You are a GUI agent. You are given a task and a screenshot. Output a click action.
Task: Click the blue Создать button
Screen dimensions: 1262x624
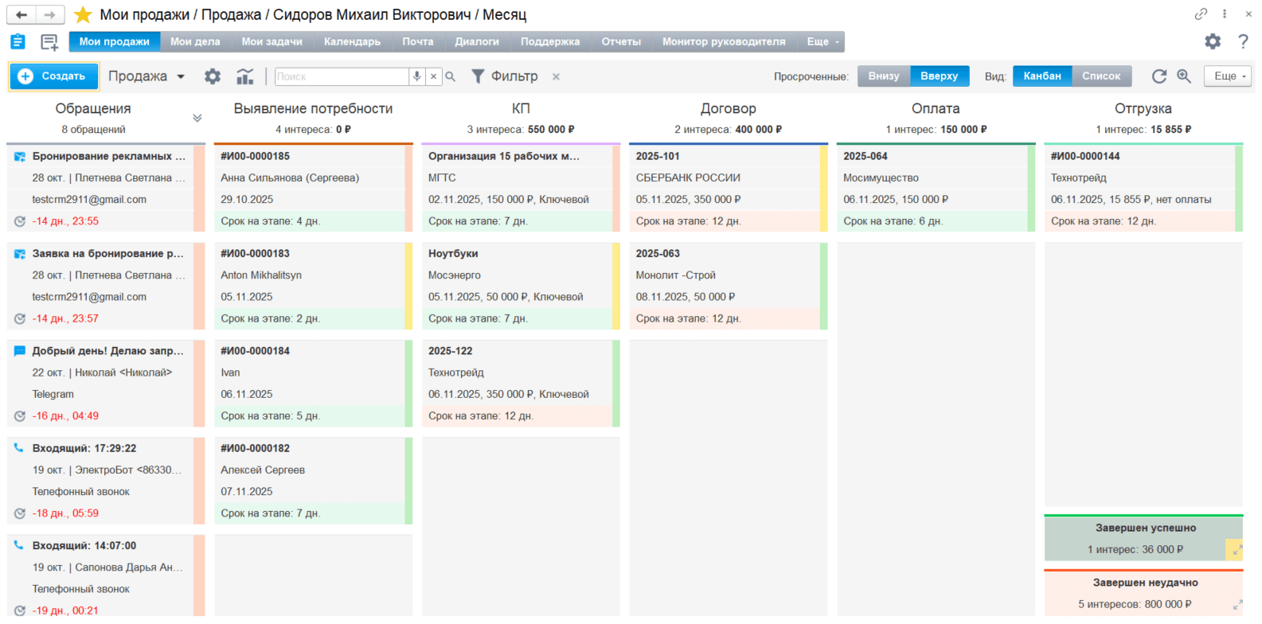[x=54, y=76]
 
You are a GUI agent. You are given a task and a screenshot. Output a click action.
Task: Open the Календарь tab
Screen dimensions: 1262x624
[x=352, y=41]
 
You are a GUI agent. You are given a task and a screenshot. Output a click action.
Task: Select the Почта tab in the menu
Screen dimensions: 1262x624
[x=417, y=41]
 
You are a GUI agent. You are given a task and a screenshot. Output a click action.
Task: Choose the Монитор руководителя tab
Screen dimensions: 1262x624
[x=724, y=41]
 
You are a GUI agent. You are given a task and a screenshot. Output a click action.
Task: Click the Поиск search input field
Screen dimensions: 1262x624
[x=342, y=76]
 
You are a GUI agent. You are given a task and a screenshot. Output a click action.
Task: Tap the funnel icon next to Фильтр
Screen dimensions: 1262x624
[x=478, y=76]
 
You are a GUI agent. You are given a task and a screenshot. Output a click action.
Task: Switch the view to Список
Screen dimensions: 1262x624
[x=1101, y=76]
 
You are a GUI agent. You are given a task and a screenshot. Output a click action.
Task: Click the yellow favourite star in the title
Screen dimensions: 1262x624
[x=83, y=14]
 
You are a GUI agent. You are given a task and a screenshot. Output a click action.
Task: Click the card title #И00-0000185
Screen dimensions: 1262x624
[x=256, y=156]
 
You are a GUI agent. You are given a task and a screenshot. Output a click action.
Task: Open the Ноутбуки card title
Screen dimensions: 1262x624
[x=453, y=253]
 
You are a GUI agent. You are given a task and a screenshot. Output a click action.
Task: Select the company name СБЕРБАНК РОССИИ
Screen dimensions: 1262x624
[x=688, y=177]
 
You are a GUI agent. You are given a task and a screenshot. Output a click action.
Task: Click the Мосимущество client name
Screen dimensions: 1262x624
[x=881, y=177]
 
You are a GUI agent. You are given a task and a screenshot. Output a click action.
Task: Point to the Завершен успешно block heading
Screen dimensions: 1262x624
[x=1146, y=528]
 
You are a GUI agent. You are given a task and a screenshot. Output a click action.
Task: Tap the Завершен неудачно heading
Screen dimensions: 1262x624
[x=1146, y=583]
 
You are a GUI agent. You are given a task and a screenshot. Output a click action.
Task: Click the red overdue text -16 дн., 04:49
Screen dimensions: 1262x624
[x=65, y=415]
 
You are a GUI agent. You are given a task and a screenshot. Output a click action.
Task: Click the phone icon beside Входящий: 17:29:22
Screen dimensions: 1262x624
[x=18, y=448]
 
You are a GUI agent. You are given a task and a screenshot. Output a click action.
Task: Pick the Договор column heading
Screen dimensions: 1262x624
[x=728, y=108]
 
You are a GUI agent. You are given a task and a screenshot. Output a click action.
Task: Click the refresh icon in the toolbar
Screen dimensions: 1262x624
[x=1159, y=76]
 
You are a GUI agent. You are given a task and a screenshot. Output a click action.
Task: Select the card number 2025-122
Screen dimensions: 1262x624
[x=450, y=351]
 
